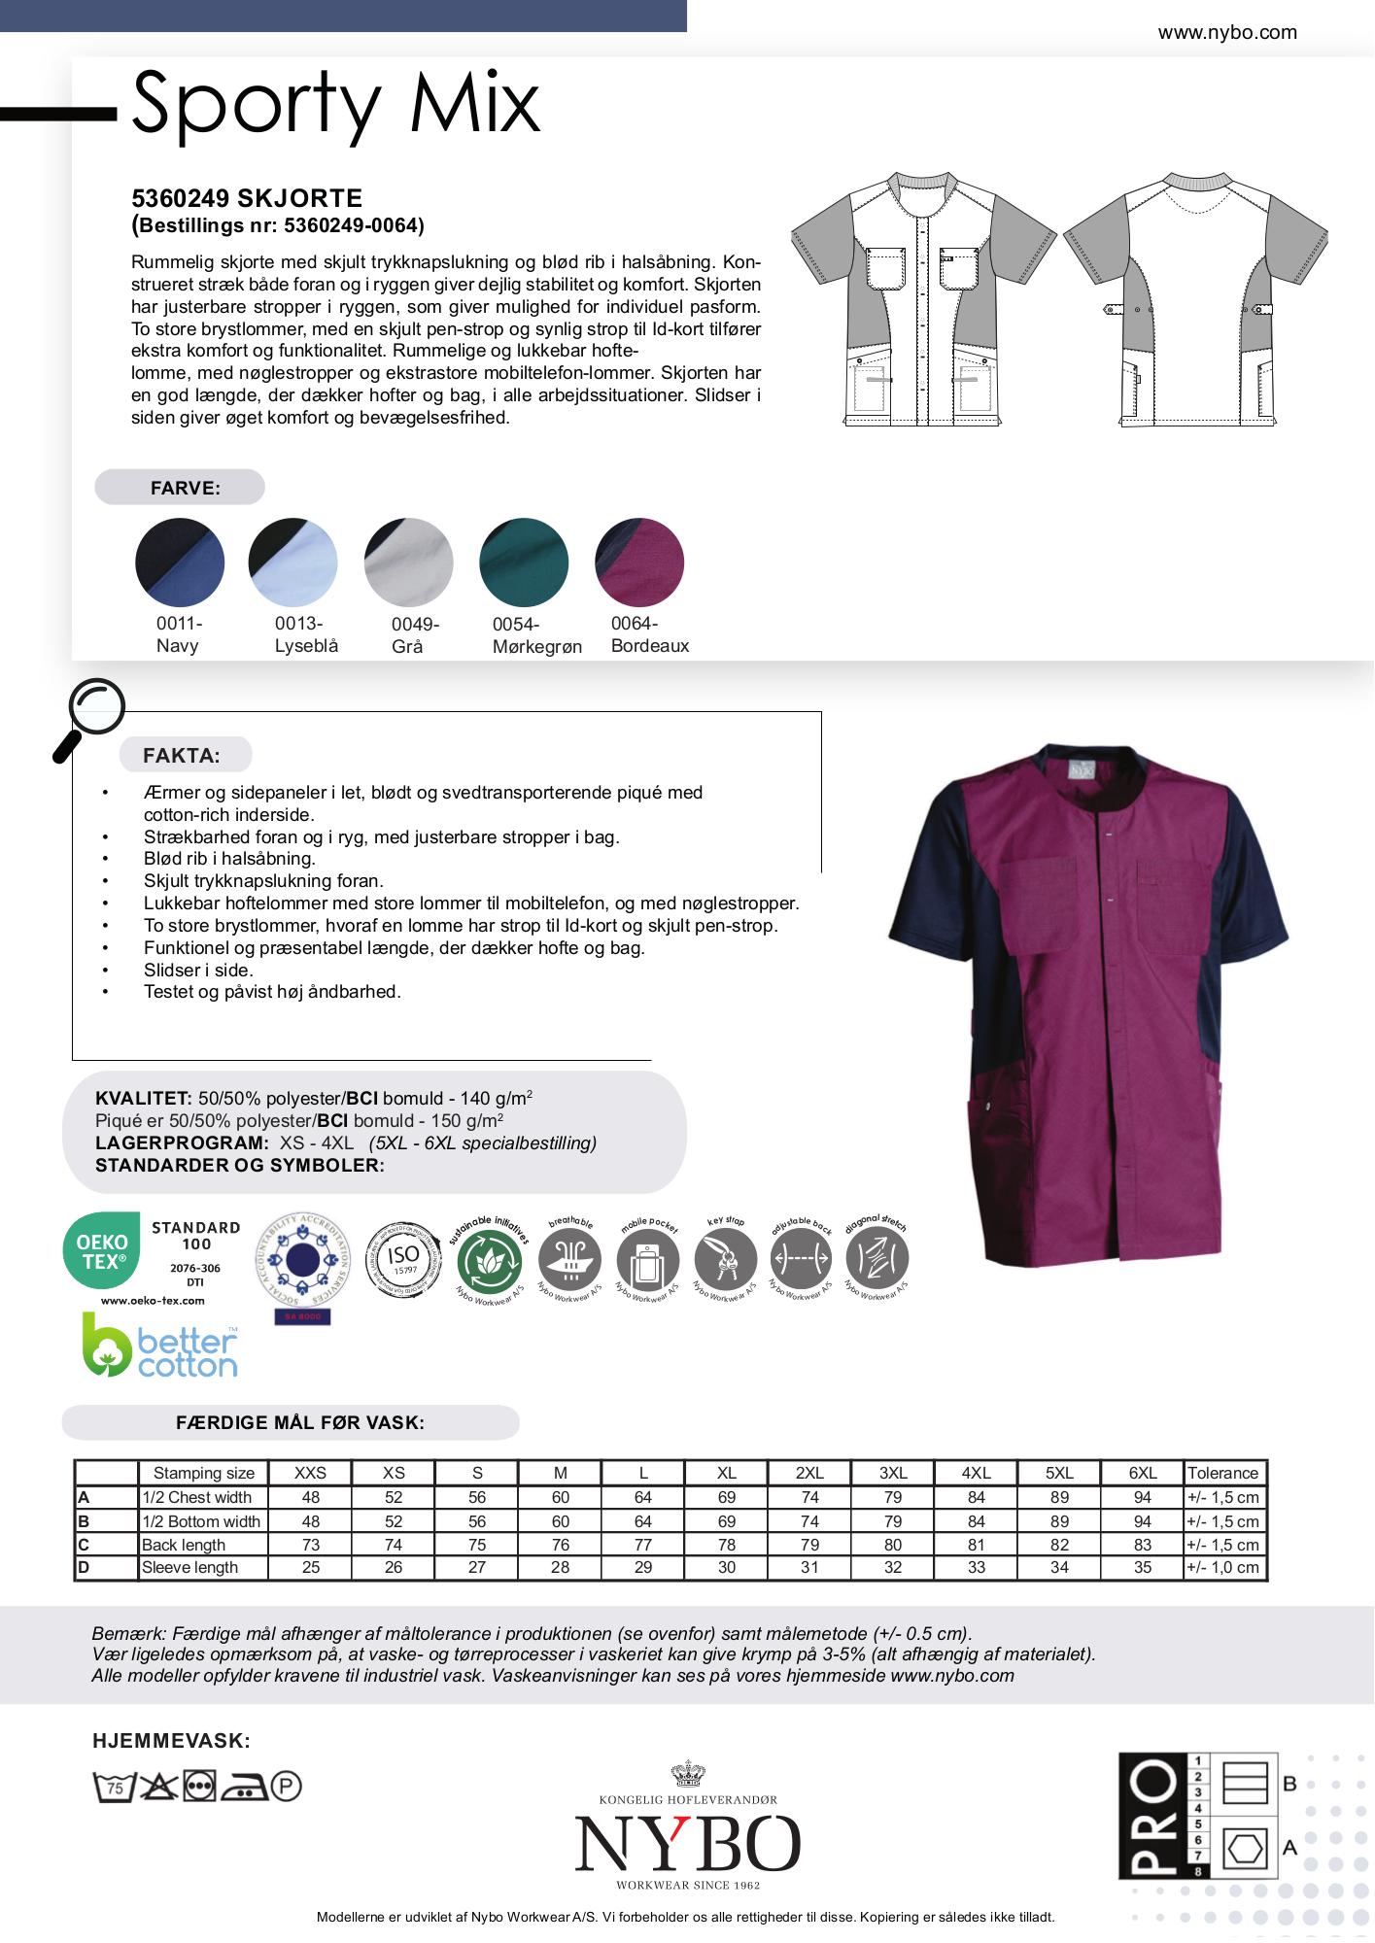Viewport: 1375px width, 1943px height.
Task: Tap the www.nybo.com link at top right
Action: click(1226, 33)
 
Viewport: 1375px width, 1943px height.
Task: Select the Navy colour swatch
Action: click(180, 562)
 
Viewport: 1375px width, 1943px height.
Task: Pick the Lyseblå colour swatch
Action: click(292, 562)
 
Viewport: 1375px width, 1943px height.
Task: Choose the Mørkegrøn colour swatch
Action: click(524, 562)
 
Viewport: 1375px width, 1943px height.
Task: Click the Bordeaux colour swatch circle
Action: click(639, 562)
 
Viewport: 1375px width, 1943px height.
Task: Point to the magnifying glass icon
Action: click(89, 717)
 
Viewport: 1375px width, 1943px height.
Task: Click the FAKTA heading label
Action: click(182, 756)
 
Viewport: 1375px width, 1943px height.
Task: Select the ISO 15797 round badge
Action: click(403, 1260)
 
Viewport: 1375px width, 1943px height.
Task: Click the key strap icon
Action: click(726, 1260)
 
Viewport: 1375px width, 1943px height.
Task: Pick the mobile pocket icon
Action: click(648, 1260)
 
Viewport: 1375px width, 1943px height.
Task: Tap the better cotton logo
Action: click(159, 1346)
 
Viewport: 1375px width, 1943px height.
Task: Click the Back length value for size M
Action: click(560, 1545)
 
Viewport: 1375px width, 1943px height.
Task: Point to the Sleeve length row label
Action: click(189, 1567)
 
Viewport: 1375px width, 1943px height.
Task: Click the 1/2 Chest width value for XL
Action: click(726, 1498)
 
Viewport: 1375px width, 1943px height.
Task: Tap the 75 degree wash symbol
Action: click(113, 1787)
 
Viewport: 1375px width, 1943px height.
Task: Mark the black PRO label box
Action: click(1152, 1816)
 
